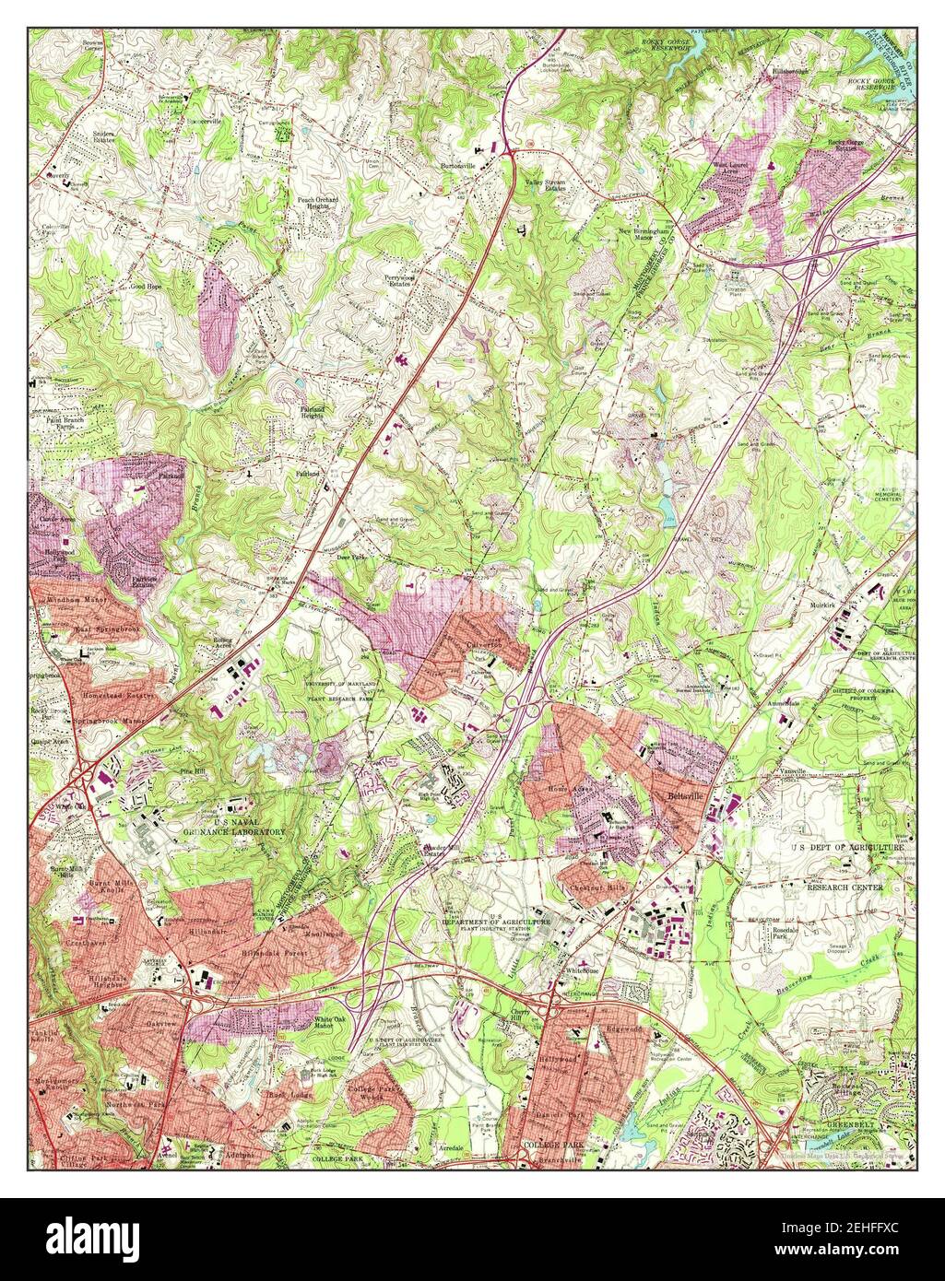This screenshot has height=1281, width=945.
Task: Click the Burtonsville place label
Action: [x=460, y=167]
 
